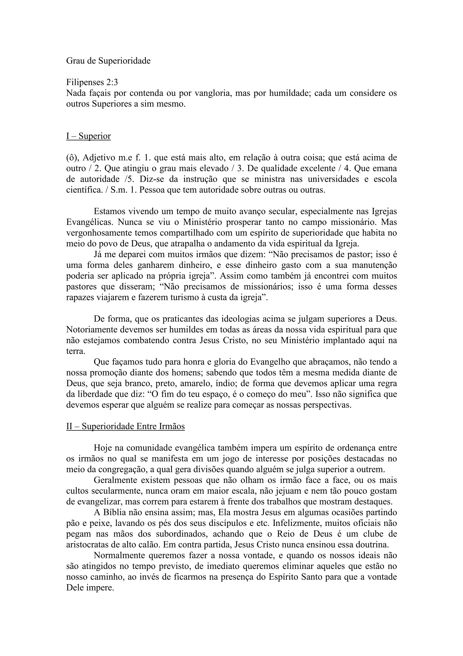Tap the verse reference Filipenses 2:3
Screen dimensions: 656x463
[x=92, y=82]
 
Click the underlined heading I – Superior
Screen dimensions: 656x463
[x=88, y=136]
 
